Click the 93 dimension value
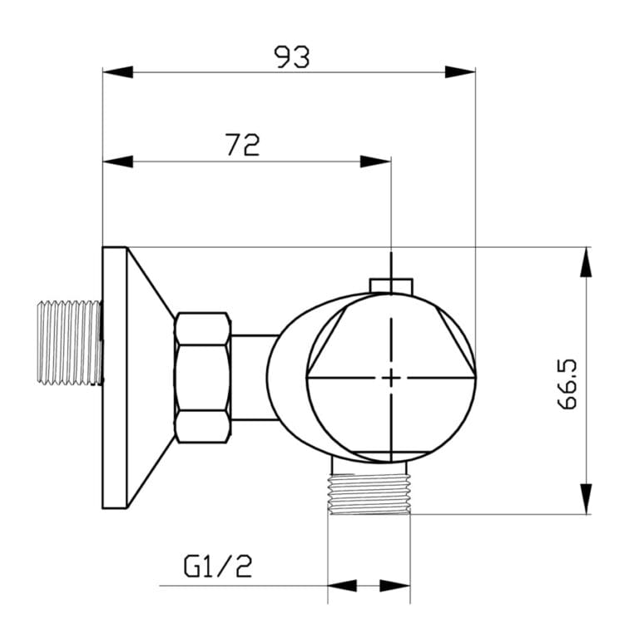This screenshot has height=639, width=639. pyautogui.click(x=291, y=57)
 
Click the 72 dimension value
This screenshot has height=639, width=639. pyautogui.click(x=242, y=145)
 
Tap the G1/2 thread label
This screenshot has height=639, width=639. pyautogui.click(x=217, y=567)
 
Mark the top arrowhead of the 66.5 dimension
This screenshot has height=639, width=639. pyautogui.click(x=587, y=263)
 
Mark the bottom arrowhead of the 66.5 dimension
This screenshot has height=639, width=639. pyautogui.click(x=587, y=498)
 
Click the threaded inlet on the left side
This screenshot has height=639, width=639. pyautogui.click(x=70, y=343)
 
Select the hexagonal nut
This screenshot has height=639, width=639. pyautogui.click(x=201, y=377)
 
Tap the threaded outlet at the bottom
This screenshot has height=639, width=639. pyautogui.click(x=369, y=494)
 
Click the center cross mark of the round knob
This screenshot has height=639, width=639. pyautogui.click(x=390, y=378)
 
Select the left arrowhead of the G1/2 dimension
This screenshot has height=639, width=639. pyautogui.click(x=342, y=586)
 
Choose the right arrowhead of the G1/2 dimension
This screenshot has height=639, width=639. pyautogui.click(x=396, y=586)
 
